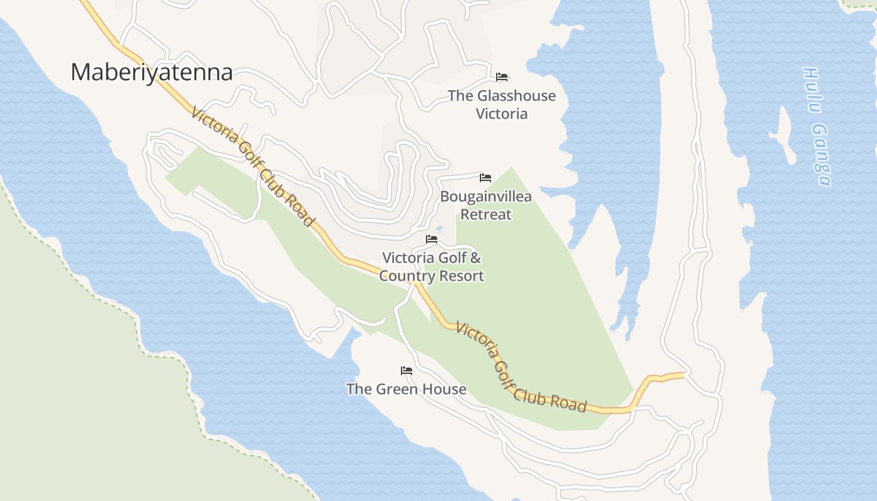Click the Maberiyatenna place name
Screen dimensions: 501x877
pyautogui.click(x=152, y=72)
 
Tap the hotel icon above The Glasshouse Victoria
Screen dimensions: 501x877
pyautogui.click(x=502, y=77)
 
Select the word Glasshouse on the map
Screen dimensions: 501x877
pyautogui.click(x=516, y=96)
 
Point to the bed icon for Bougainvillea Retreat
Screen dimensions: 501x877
pyautogui.click(x=485, y=178)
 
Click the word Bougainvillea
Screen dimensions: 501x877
pyautogui.click(x=485, y=197)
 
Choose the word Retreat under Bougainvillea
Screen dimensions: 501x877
pyautogui.click(x=486, y=214)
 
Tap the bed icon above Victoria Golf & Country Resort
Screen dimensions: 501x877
pyautogui.click(x=432, y=239)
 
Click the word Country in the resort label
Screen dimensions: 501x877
pyautogui.click(x=406, y=276)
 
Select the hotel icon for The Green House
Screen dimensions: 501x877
pyautogui.click(x=407, y=371)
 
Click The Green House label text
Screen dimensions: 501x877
pyautogui.click(x=407, y=389)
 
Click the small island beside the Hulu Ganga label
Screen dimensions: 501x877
pyautogui.click(x=783, y=135)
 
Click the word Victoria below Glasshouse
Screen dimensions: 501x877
pyautogui.click(x=501, y=114)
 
